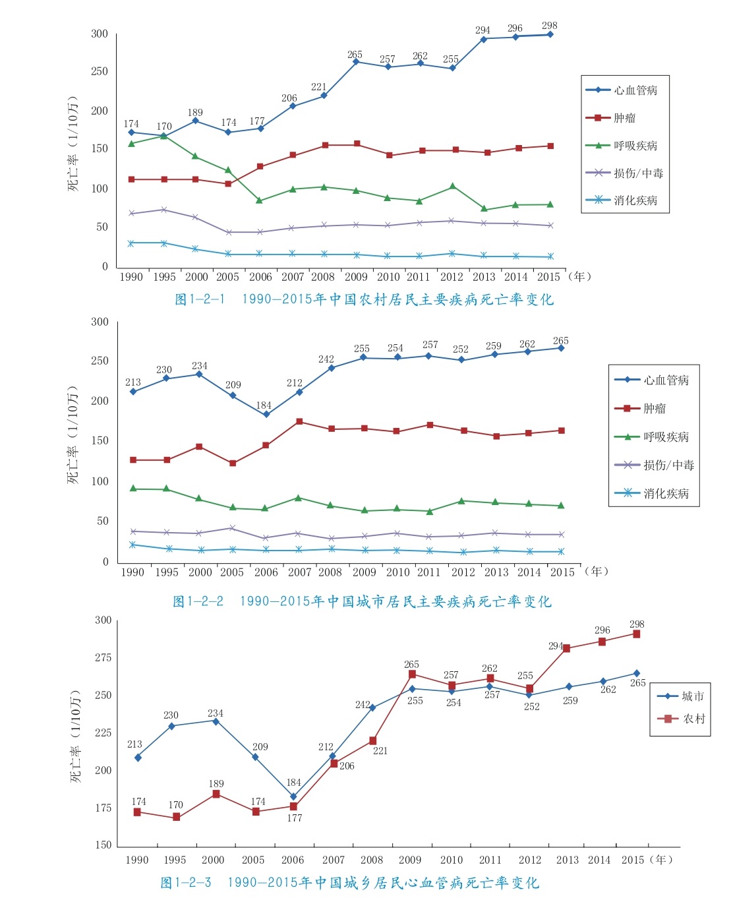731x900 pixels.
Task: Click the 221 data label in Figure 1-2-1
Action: (319, 87)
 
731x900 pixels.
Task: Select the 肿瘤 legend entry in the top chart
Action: (624, 118)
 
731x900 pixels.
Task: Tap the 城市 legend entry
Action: (692, 696)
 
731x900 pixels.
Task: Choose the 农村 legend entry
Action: (693, 719)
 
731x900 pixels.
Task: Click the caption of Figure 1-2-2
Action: (362, 601)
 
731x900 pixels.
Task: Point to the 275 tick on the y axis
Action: (103, 657)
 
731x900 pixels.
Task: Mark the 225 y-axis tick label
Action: (103, 733)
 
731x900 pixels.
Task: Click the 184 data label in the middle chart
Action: (264, 405)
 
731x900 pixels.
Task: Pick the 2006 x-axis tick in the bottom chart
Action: (293, 860)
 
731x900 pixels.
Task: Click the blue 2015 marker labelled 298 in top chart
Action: (550, 34)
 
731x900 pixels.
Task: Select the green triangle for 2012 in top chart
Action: (452, 187)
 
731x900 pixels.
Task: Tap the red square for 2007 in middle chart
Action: (299, 421)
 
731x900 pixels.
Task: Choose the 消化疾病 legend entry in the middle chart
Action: (666, 493)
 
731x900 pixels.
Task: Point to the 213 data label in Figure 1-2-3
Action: (134, 744)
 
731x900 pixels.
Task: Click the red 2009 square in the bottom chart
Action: (412, 674)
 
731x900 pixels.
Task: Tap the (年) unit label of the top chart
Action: (579, 276)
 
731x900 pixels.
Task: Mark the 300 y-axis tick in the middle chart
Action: (100, 322)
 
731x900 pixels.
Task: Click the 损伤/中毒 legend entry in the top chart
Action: (638, 173)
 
